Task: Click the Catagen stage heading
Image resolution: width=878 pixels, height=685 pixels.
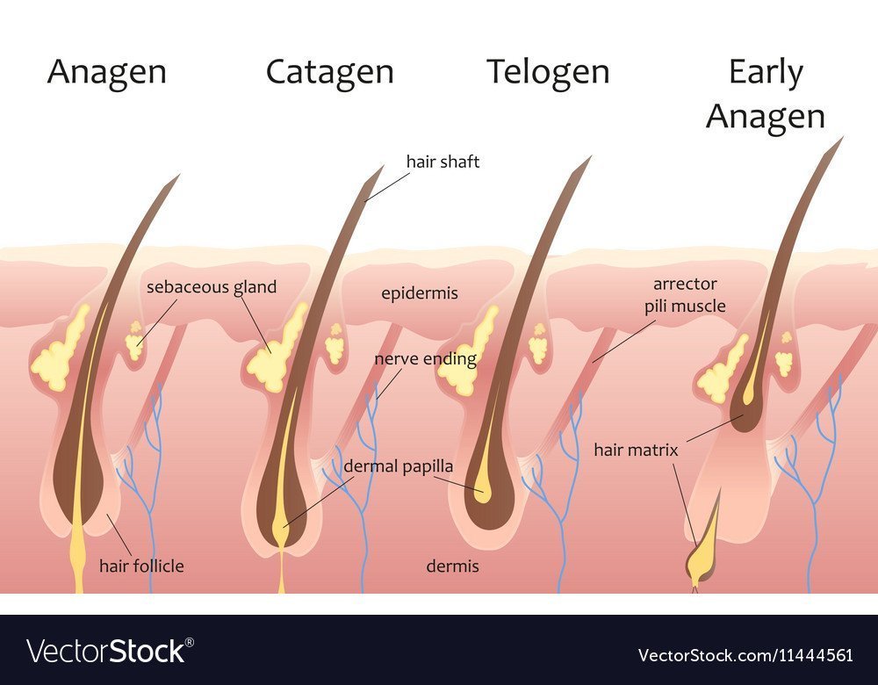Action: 330,73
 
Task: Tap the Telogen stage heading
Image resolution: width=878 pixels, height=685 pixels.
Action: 548,73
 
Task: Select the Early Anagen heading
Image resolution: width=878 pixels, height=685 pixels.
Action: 766,94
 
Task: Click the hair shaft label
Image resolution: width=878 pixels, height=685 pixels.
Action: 443,162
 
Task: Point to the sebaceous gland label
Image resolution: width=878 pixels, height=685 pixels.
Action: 212,287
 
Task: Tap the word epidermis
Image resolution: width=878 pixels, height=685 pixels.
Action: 420,293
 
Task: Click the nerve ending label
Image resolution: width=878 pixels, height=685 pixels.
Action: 426,358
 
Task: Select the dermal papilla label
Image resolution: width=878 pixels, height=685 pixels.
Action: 398,466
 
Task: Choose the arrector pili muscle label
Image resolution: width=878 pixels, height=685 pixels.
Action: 685,295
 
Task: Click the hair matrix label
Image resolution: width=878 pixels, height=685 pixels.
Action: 636,450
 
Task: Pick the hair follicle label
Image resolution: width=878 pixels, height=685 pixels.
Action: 141,566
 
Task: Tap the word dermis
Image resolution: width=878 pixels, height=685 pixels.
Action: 452,566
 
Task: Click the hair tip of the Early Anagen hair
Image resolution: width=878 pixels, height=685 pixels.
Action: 842,137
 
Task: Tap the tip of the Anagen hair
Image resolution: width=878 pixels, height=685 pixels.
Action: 179,175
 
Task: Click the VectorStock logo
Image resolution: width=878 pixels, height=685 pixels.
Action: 111,651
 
